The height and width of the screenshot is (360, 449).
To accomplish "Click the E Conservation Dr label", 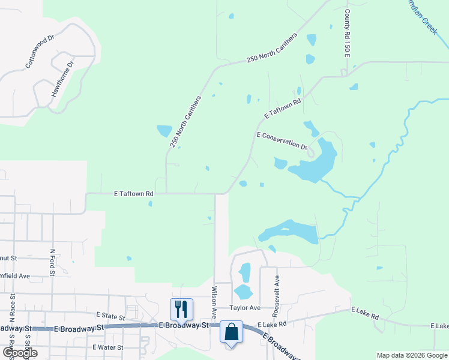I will pyautogui.click(x=282, y=141).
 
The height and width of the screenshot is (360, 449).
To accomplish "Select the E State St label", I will pyautogui.click(x=110, y=315).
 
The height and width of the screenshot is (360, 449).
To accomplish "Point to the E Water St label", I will pyautogui.click(x=108, y=347).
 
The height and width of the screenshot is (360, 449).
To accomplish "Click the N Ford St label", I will pyautogui.click(x=53, y=263).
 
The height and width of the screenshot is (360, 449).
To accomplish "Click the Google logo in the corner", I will pyautogui.click(x=20, y=353).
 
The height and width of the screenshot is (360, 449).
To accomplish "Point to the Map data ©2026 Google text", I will pyautogui.click(x=411, y=355).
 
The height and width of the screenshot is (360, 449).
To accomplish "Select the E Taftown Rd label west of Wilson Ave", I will pyautogui.click(x=134, y=194).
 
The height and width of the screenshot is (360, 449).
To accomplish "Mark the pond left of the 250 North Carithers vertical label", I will pyautogui.click(x=164, y=130).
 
